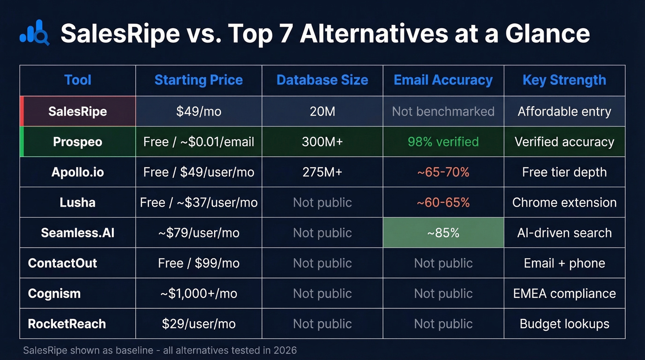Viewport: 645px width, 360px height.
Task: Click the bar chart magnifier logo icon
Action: pyautogui.click(x=35, y=33)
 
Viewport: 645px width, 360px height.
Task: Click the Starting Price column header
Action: pyautogui.click(x=199, y=80)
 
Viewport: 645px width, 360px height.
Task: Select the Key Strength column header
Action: pyautogui.click(x=564, y=80)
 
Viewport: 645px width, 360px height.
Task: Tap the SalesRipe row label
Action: pyautogui.click(x=77, y=112)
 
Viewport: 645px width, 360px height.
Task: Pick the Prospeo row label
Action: pyautogui.click(x=77, y=142)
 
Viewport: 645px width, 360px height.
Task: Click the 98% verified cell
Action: pyautogui.click(x=443, y=142)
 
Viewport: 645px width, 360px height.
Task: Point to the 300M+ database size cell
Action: pyautogui.click(x=322, y=142)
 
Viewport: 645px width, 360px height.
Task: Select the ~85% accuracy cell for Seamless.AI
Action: pyautogui.click(x=443, y=233)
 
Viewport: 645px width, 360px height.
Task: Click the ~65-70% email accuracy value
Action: pyautogui.click(x=443, y=172)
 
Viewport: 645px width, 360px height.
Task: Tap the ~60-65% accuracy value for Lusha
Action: pyautogui.click(x=443, y=202)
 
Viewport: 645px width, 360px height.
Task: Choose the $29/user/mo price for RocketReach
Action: pyautogui.click(x=199, y=324)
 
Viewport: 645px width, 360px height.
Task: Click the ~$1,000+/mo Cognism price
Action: pyautogui.click(x=199, y=294)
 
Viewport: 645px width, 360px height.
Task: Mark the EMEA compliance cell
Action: pyautogui.click(x=564, y=294)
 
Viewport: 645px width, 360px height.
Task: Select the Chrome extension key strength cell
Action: pyautogui.click(x=564, y=202)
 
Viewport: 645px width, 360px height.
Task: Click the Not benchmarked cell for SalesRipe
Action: pyautogui.click(x=443, y=112)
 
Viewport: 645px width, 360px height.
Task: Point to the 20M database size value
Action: pyautogui.click(x=322, y=112)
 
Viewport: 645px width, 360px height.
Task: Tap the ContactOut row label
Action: pyautogui.click(x=63, y=263)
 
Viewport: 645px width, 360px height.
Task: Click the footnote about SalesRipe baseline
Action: pyautogui.click(x=160, y=350)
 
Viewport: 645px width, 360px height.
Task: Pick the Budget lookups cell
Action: pyautogui.click(x=564, y=324)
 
